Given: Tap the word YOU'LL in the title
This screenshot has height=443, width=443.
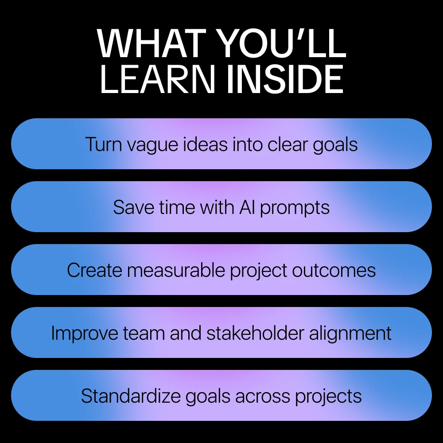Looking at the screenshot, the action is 283,43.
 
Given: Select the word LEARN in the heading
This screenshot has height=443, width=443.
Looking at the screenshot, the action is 157,79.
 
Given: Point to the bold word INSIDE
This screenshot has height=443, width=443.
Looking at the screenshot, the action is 285,79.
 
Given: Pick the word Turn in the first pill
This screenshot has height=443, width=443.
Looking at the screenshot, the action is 103,144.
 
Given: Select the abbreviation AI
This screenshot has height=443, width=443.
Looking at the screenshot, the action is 247,207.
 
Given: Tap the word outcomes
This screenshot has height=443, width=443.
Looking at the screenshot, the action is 334,271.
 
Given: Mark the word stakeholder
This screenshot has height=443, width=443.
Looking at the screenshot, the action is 256,333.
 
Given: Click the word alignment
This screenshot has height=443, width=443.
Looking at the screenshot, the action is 350,334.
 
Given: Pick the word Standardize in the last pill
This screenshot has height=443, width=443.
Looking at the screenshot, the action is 131,396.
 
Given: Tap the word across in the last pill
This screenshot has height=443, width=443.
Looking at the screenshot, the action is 262,396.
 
